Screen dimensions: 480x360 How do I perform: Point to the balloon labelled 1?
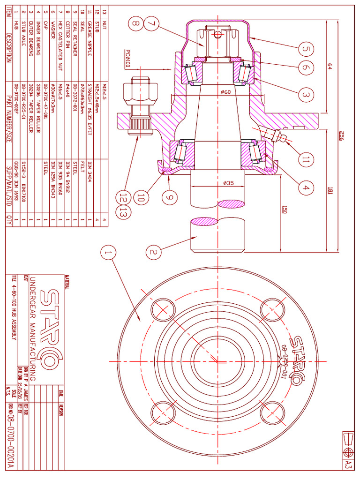[x=108, y=254]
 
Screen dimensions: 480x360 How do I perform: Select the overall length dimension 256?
[x=344, y=136]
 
